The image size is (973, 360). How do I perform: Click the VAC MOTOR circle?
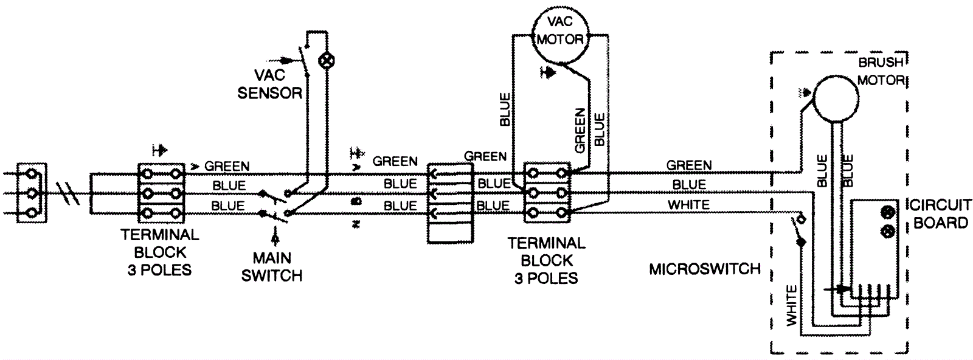pyautogui.click(x=559, y=32)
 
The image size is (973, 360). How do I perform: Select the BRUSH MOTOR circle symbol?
pyautogui.click(x=837, y=98)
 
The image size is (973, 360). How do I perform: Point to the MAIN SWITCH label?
pyautogui.click(x=271, y=266)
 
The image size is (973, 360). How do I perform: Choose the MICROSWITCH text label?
pyautogui.click(x=705, y=269)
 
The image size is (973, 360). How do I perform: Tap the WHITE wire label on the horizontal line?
pyautogui.click(x=688, y=205)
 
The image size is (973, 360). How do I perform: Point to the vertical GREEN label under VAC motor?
pyautogui.click(x=580, y=131)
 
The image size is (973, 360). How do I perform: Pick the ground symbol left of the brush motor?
pyautogui.click(x=806, y=93)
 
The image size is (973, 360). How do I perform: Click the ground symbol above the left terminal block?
pyautogui.click(x=160, y=148)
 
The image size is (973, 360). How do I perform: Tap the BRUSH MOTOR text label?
pyautogui.click(x=881, y=72)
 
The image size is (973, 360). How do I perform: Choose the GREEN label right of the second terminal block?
pyautogui.click(x=688, y=165)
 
